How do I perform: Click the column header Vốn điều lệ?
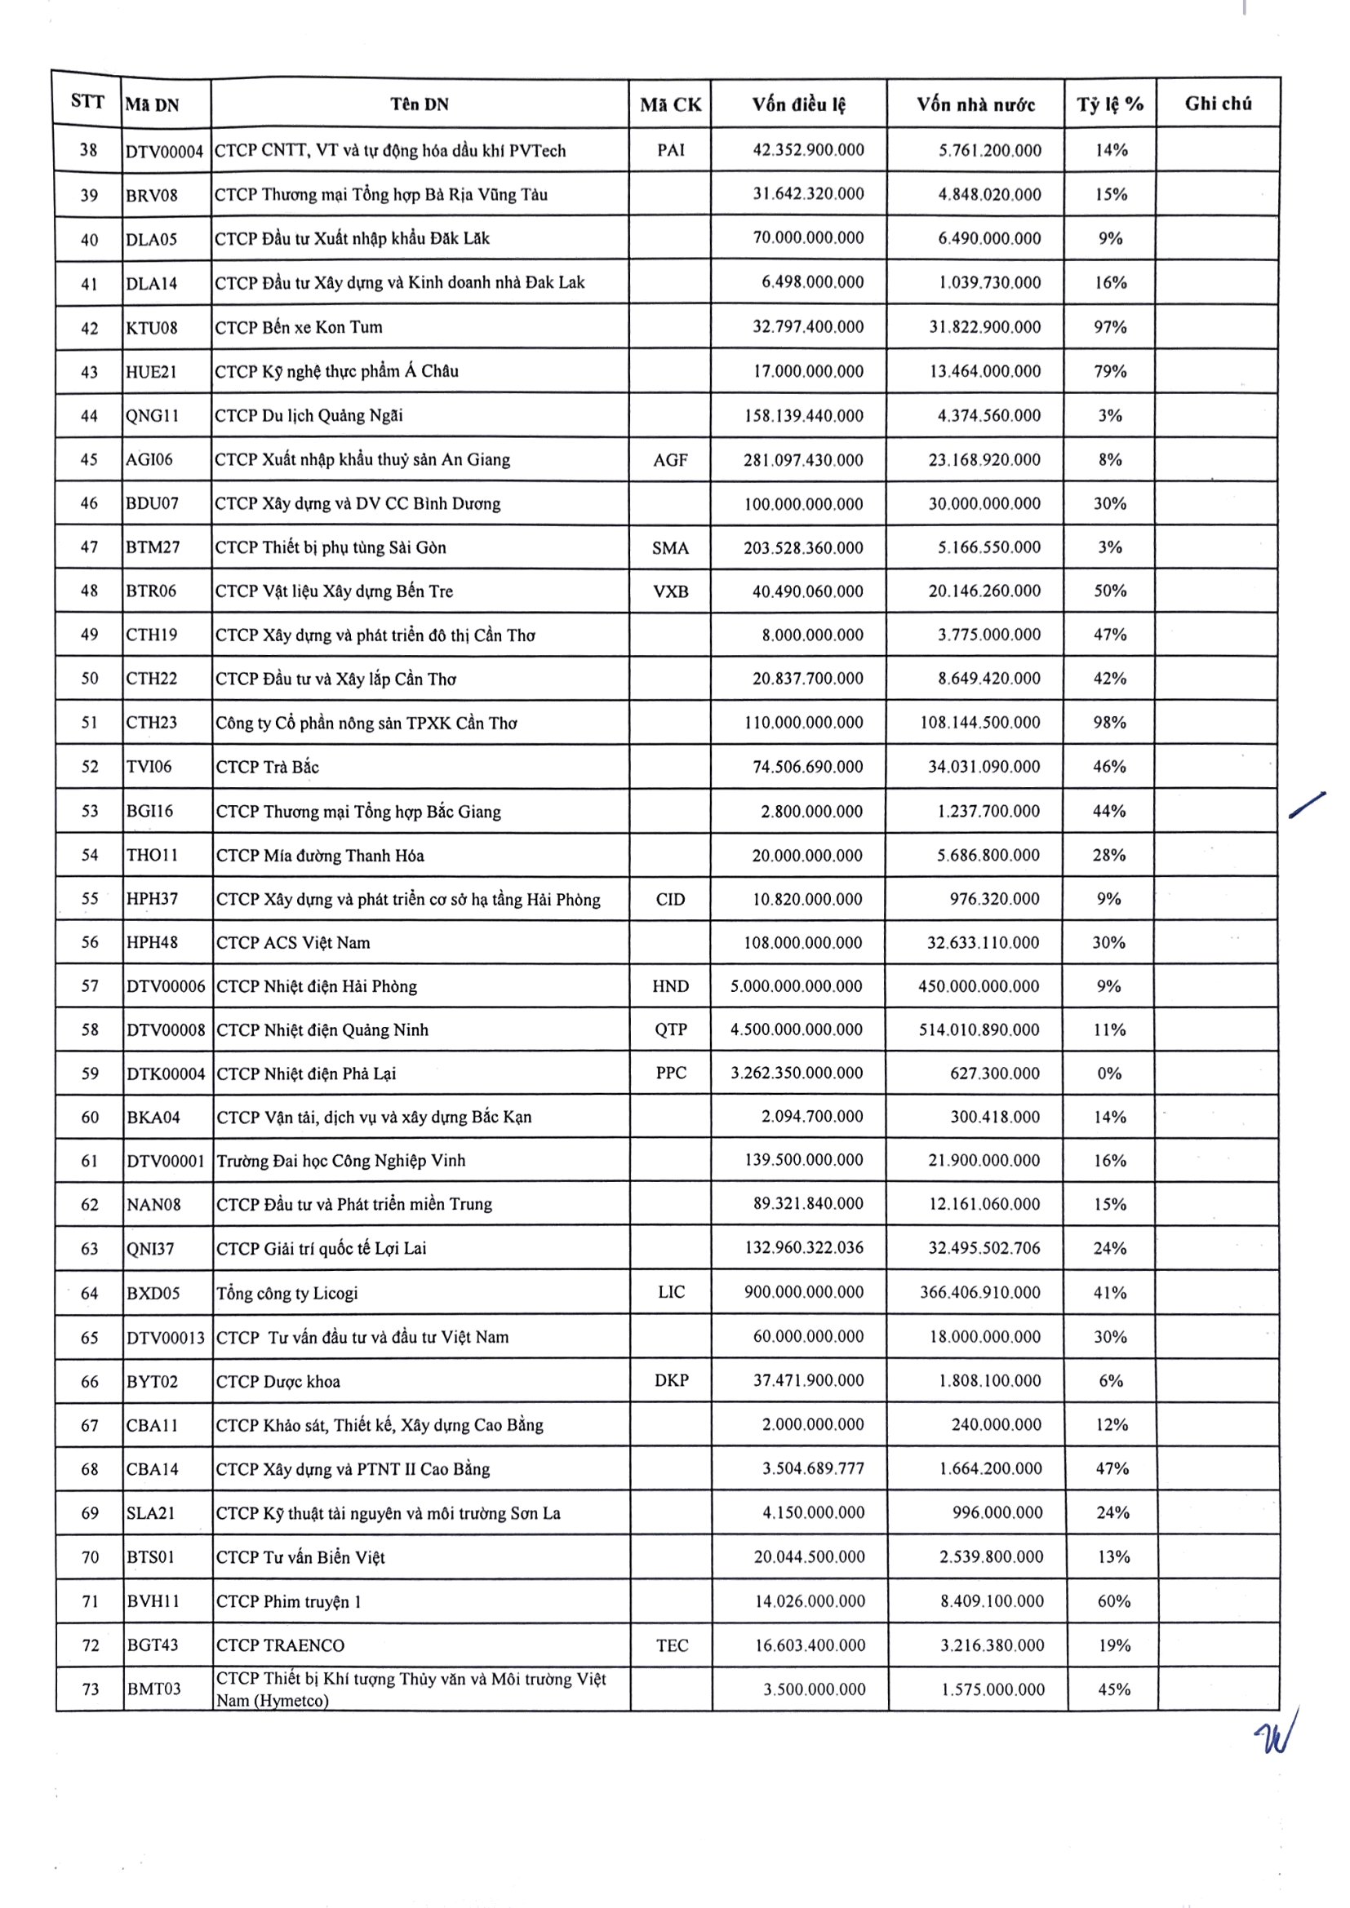coord(798,104)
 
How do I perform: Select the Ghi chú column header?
coord(1218,104)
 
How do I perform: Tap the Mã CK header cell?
coord(670,104)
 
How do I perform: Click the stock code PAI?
coord(670,150)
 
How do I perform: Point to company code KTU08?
coord(151,327)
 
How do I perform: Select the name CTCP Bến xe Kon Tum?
coord(299,327)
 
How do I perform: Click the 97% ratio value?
coord(1110,327)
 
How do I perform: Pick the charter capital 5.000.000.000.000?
coord(797,986)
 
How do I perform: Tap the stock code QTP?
coord(670,1029)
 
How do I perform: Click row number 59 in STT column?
coord(90,1074)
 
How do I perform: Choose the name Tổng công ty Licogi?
coord(286,1293)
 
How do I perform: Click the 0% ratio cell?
coord(1109,1074)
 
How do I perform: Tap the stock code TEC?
coord(672,1645)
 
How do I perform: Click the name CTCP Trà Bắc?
coord(267,767)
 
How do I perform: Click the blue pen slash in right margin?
coord(1307,805)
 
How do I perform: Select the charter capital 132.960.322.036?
coord(804,1248)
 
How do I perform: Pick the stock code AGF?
coord(670,460)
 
